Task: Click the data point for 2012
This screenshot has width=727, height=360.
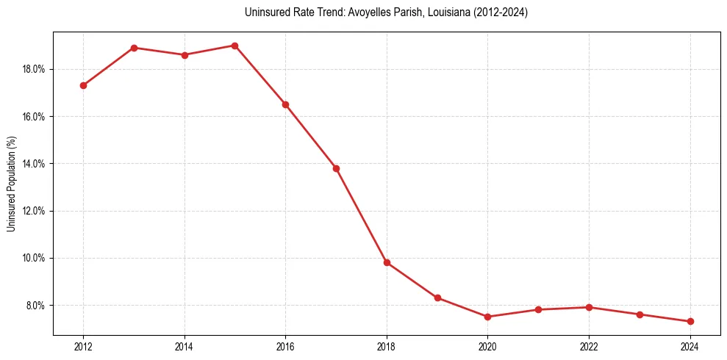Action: (x=83, y=85)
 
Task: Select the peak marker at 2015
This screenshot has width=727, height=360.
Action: (x=234, y=46)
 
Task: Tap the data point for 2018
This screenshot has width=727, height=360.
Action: (x=387, y=262)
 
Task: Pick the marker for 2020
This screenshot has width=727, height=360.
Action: (x=487, y=317)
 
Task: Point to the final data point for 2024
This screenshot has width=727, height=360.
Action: (x=690, y=321)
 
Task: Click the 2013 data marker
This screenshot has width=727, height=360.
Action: (x=134, y=48)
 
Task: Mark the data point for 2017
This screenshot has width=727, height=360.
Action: (x=336, y=168)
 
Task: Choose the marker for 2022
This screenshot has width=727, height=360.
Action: (x=589, y=307)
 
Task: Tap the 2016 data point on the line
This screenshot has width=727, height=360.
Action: (x=285, y=104)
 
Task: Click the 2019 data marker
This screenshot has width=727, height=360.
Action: (x=437, y=298)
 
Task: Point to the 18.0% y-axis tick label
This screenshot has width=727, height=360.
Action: (x=35, y=69)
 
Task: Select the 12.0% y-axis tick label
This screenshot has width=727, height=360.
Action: (x=35, y=211)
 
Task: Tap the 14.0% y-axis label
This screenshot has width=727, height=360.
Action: (x=35, y=164)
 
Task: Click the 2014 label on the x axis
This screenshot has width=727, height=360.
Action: (x=185, y=346)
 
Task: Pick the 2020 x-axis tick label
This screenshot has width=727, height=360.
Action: (x=487, y=346)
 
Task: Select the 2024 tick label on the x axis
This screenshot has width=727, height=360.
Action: (x=690, y=346)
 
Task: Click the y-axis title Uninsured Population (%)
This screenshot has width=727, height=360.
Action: (x=11, y=184)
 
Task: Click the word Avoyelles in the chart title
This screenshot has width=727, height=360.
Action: (x=337, y=12)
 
